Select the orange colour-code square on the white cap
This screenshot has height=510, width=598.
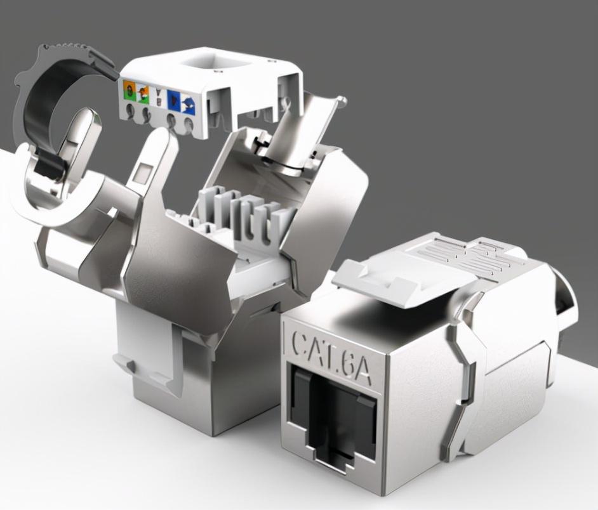(130, 91)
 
